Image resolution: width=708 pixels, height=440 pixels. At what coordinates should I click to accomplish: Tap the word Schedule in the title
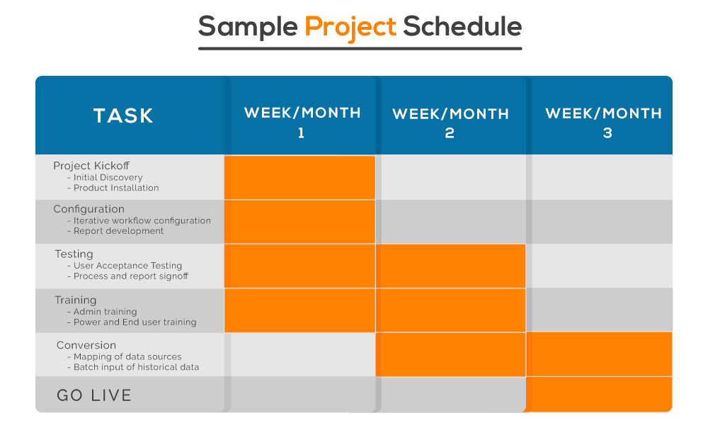[462, 26]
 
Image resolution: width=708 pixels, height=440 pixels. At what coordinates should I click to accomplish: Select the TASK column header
[123, 115]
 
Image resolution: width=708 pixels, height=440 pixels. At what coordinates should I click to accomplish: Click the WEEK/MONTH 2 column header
[450, 123]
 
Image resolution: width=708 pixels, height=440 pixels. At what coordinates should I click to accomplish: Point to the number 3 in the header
[607, 132]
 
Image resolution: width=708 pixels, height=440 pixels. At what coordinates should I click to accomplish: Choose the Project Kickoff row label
[91, 166]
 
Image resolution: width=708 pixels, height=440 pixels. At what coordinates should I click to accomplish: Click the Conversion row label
[86, 345]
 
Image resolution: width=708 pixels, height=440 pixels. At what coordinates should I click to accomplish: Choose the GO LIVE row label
[94, 395]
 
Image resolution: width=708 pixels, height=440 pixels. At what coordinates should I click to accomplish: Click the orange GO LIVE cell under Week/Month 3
[599, 395]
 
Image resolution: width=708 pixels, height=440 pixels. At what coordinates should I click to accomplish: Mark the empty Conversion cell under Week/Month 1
[303, 354]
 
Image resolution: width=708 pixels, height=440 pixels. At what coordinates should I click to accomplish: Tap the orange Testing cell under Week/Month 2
[450, 266]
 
